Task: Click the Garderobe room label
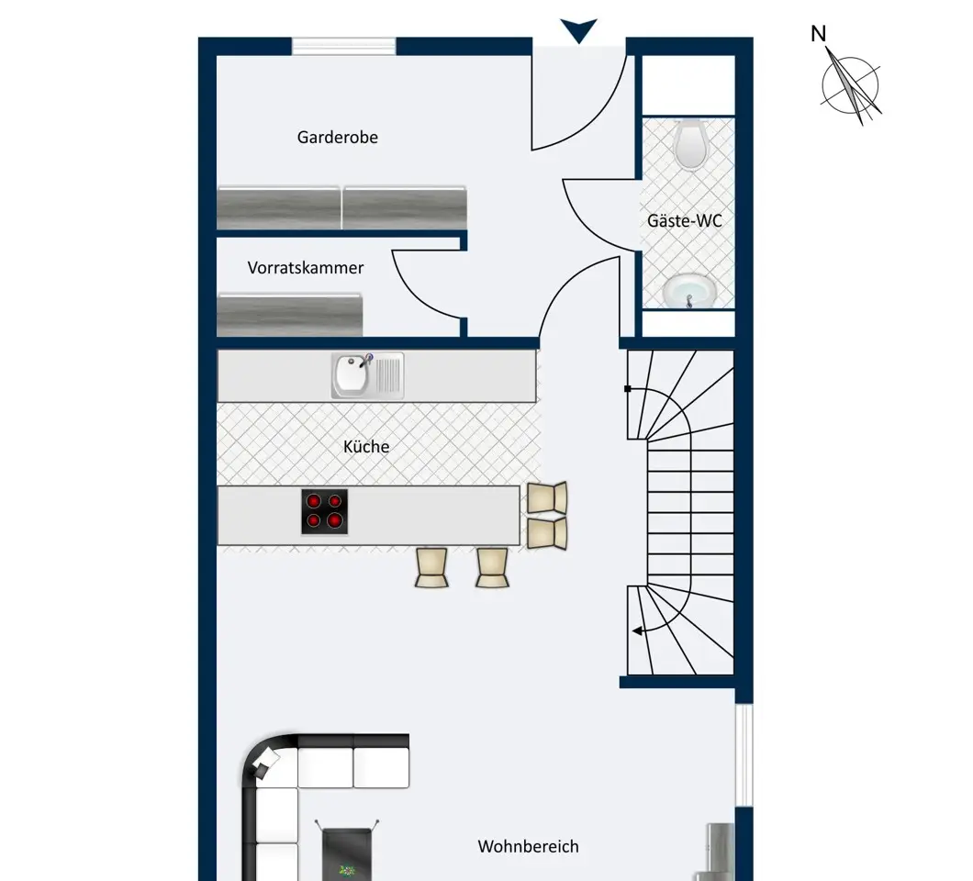point(338,137)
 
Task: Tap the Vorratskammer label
point(306,267)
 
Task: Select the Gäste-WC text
point(685,220)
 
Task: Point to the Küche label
point(366,446)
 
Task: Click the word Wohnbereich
point(528,846)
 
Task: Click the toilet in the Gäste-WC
point(689,145)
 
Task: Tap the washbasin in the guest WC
point(689,290)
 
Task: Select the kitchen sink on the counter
point(367,375)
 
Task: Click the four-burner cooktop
point(325,512)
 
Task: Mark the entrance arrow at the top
point(579,28)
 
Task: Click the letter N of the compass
point(819,34)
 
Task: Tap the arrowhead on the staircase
point(637,631)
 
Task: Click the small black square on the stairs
point(627,389)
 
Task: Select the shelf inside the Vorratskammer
point(290,315)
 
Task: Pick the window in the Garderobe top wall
point(344,47)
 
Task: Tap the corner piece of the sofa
point(269,762)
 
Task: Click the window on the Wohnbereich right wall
point(744,755)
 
